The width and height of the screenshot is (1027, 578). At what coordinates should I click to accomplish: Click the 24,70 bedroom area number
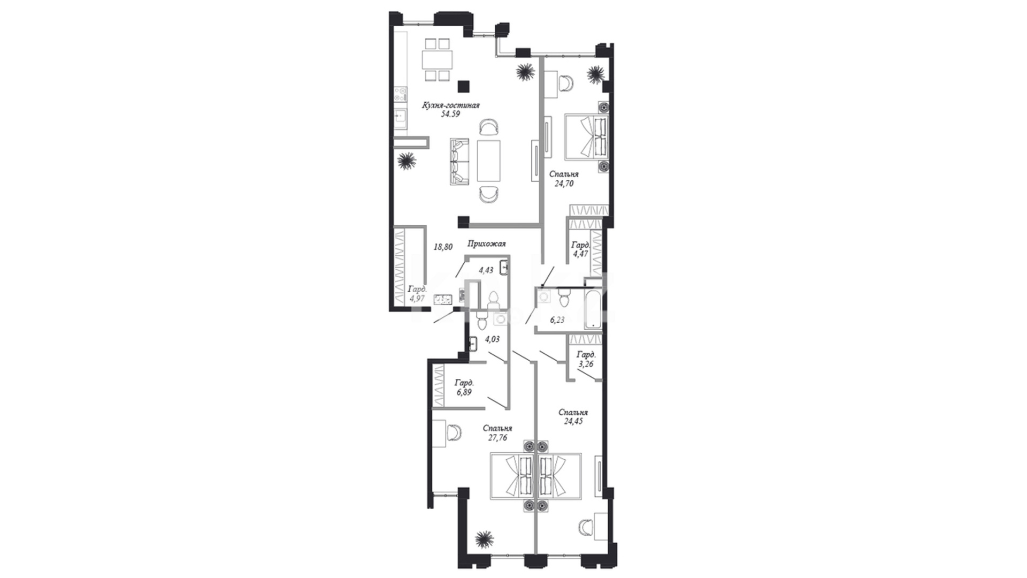tap(564, 183)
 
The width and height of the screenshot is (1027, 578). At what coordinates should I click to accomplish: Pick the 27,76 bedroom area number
tap(497, 437)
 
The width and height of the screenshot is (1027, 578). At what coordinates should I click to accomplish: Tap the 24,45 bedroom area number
tap(573, 421)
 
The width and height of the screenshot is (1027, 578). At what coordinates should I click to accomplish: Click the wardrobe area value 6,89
tap(464, 392)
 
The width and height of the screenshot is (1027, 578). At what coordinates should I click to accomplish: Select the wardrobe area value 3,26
tap(586, 364)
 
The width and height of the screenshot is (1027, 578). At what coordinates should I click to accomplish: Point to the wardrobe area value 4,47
tap(580, 254)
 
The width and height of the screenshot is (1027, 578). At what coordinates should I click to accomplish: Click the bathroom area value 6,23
tap(557, 320)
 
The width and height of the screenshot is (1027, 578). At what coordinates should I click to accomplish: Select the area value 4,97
tap(417, 298)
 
